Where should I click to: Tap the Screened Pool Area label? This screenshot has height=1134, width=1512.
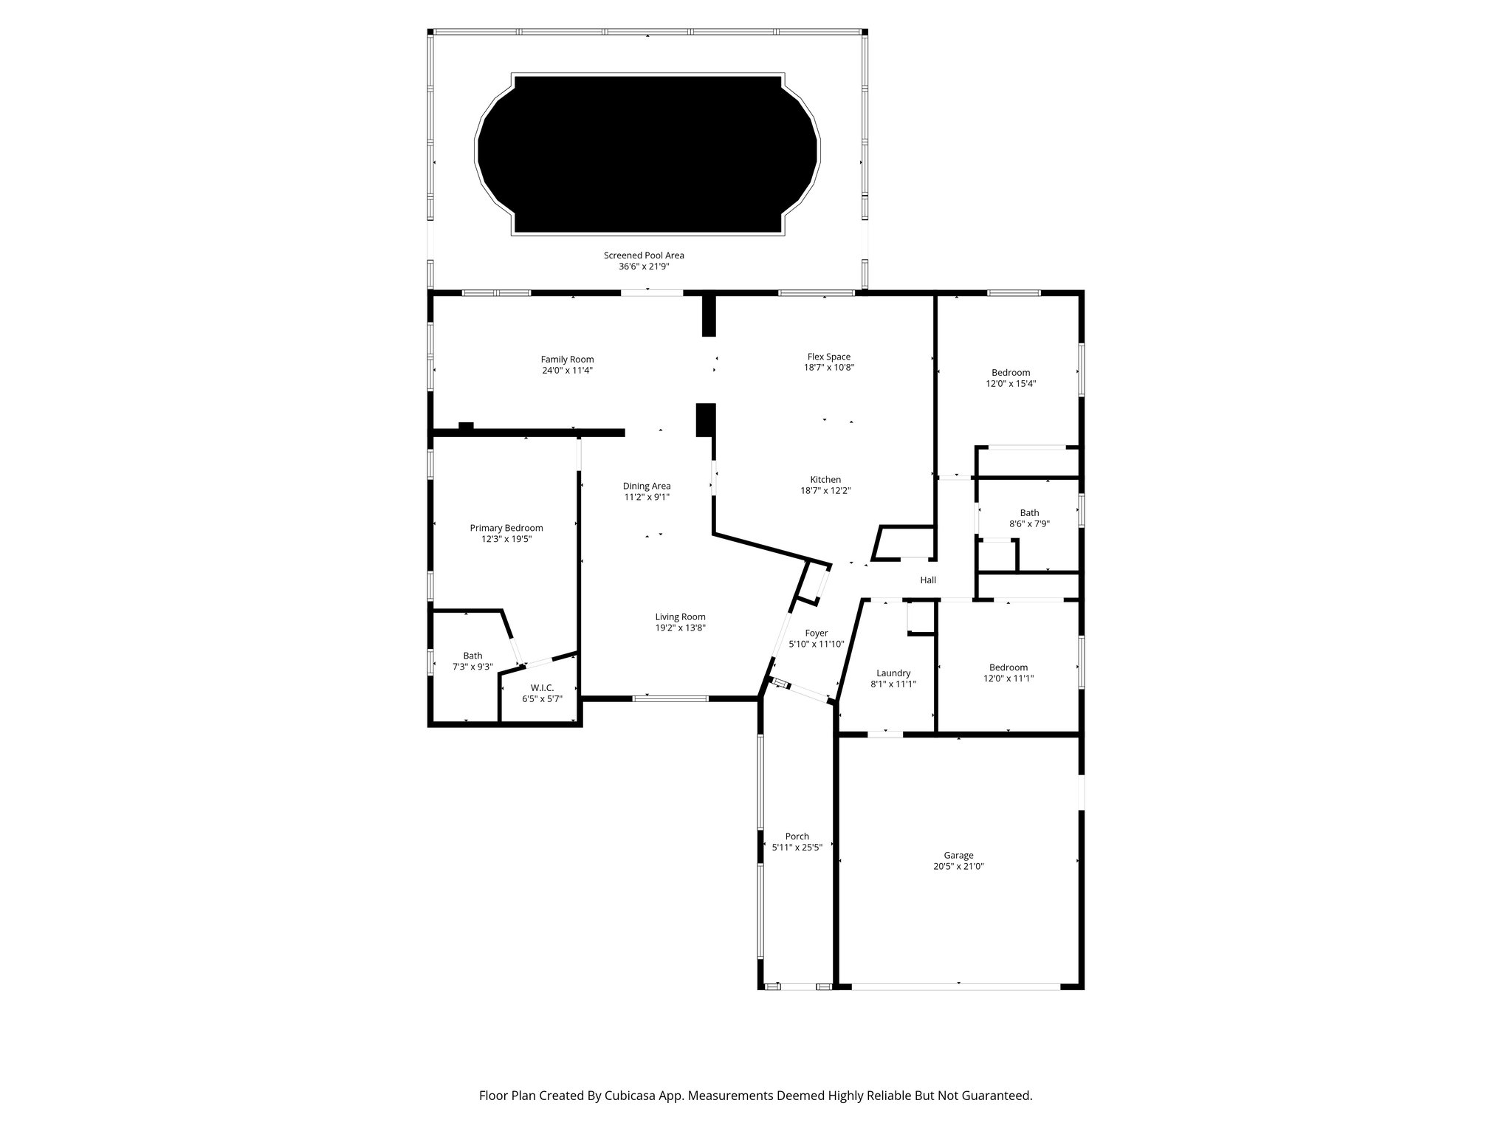[644, 255]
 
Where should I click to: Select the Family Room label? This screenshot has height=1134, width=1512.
[567, 360]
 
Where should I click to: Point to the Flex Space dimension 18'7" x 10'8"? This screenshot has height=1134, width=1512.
[828, 368]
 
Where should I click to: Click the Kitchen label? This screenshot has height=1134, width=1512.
[825, 480]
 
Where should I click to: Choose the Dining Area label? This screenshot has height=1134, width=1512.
[647, 486]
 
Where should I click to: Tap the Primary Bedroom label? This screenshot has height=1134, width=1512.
[506, 528]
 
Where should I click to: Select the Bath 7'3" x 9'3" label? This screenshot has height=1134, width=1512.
[472, 656]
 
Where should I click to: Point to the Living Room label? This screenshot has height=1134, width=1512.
[680, 617]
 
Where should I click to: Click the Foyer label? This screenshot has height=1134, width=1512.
[816, 633]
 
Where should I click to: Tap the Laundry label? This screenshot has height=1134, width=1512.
[893, 673]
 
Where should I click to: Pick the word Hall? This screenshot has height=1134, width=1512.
[928, 580]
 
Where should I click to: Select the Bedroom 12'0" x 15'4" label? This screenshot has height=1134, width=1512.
[1011, 373]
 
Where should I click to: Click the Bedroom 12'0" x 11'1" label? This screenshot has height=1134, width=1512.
[1008, 667]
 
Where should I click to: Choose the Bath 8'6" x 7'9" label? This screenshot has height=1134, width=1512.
[1029, 513]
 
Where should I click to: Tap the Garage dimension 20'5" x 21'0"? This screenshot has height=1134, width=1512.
[958, 867]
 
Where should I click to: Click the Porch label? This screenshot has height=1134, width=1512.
[797, 836]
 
